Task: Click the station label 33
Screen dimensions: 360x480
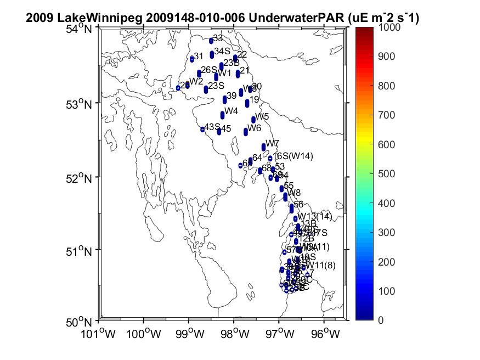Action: click(x=218, y=38)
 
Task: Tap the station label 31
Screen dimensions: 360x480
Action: click(x=199, y=56)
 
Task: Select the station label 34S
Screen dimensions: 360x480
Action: click(x=222, y=51)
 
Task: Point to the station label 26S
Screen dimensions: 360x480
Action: click(x=209, y=70)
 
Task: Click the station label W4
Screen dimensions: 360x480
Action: click(x=231, y=111)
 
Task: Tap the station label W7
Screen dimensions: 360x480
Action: click(x=273, y=143)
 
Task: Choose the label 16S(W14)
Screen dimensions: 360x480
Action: click(x=293, y=156)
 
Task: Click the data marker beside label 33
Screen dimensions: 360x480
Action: click(x=211, y=41)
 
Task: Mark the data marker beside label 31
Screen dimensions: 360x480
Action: click(x=192, y=59)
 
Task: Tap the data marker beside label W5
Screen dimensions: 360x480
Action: click(x=253, y=120)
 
